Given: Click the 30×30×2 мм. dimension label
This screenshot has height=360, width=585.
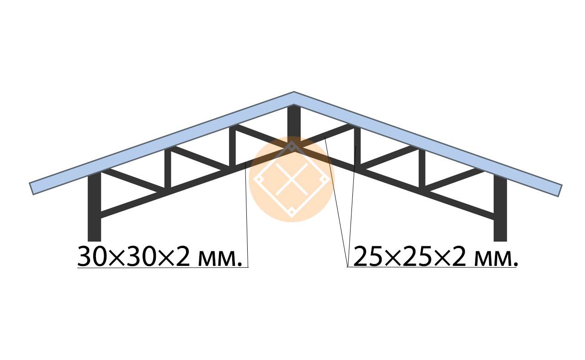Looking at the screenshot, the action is click(x=160, y=256).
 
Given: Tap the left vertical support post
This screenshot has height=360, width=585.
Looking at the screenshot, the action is click(x=94, y=206).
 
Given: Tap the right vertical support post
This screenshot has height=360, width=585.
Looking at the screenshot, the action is click(x=500, y=207).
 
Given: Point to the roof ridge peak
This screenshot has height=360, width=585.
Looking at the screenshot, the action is click(x=294, y=92).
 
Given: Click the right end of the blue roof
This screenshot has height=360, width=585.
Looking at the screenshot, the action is click(x=560, y=191).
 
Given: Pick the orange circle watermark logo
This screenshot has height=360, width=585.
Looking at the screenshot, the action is click(x=292, y=179).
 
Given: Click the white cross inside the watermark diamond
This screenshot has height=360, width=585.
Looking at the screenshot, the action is click(x=292, y=180).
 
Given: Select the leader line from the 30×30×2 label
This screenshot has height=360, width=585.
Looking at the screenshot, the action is click(x=246, y=215).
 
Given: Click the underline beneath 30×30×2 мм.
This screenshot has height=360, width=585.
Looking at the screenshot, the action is click(x=163, y=267).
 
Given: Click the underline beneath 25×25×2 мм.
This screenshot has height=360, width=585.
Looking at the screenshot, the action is click(x=432, y=267).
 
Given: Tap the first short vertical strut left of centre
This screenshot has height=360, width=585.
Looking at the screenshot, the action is click(x=233, y=146).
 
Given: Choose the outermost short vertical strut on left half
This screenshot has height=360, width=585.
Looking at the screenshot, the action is click(x=168, y=169).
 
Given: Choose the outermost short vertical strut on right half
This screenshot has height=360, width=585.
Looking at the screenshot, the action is click(x=422, y=169).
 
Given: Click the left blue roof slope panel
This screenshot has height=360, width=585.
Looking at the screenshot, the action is click(x=162, y=143).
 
